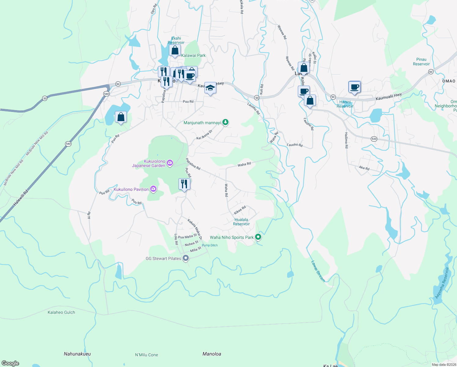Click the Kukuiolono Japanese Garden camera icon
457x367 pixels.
[170, 163]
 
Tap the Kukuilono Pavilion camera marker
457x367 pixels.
[153, 189]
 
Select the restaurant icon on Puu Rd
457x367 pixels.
[184, 184]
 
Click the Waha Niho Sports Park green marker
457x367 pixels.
[258, 237]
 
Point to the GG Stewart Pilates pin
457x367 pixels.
[186, 258]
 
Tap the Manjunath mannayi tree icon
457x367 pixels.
[225, 122]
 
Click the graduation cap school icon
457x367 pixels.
[210, 88]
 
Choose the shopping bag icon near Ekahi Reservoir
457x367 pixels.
[175, 51]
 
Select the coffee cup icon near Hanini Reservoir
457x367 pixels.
[355, 87]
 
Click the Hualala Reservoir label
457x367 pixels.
[241, 222]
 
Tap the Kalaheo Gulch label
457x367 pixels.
[61, 312]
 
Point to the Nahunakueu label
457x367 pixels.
[77, 354]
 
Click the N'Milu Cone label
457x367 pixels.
[147, 355]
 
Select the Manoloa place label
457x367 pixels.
[212, 354]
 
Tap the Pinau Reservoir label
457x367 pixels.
[421, 61]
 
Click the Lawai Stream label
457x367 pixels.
[318, 271]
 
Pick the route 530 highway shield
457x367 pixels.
[374, 139]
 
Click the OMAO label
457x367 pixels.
[449, 81]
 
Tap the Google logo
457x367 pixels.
[10, 363]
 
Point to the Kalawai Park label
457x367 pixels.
[193, 55]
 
